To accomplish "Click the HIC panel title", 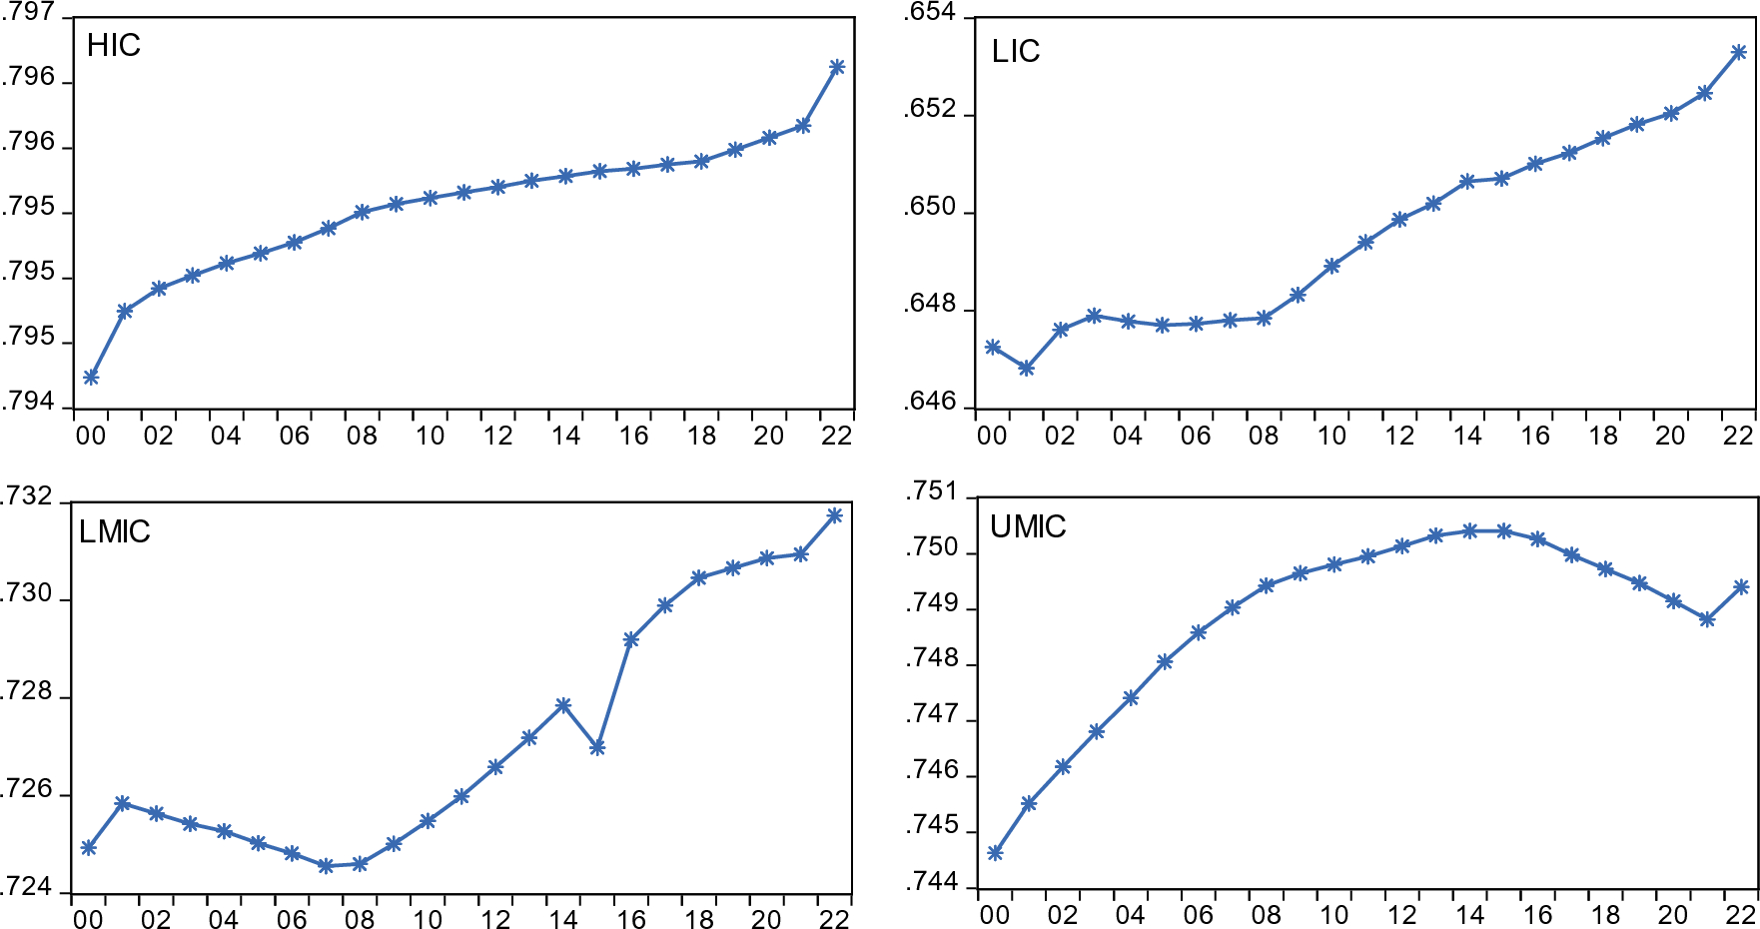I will click(x=113, y=46).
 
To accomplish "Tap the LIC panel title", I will click(x=1015, y=52).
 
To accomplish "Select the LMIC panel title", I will click(x=114, y=531).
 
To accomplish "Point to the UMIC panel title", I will click(x=1027, y=526).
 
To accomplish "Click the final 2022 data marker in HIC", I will click(x=837, y=67).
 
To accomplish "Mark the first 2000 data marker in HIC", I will click(x=91, y=377).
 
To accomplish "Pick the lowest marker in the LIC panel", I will click(x=1026, y=368).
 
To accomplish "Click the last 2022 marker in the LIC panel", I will click(x=1738, y=52).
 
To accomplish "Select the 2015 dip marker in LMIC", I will click(x=597, y=747).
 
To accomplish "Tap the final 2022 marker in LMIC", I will click(x=835, y=515).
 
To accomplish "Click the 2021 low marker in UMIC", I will click(x=1707, y=619).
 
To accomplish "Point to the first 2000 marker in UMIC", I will click(x=995, y=852).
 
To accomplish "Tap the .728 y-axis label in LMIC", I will click(x=26, y=692).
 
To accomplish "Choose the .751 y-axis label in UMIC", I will click(x=931, y=491).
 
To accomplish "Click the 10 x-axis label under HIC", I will click(x=430, y=436).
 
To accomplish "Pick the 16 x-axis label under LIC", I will click(x=1534, y=436).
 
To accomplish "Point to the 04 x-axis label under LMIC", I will click(x=223, y=919).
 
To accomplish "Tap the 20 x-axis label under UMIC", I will click(x=1673, y=915).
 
